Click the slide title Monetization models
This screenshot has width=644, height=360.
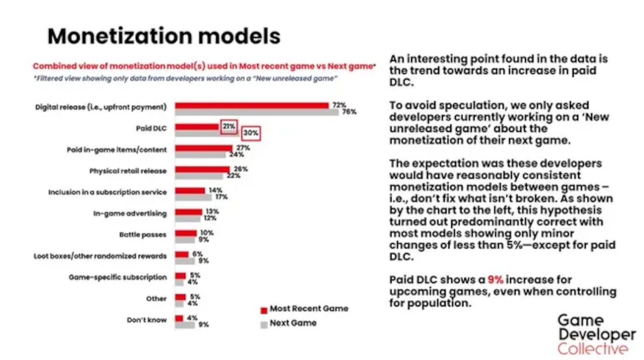[x=164, y=37]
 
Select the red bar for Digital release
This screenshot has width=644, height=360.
[x=252, y=106]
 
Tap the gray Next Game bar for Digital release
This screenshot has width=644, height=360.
[x=257, y=112]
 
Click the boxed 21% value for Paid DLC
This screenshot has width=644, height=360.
[x=229, y=127]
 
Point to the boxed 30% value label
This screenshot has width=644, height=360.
[x=251, y=133]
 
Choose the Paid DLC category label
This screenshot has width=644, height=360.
[x=151, y=128]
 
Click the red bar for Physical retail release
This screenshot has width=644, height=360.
[x=202, y=169]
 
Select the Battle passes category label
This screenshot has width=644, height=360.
[x=143, y=235]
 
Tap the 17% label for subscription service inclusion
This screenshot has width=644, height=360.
[x=221, y=197]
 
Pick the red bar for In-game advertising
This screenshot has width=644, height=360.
[x=188, y=212]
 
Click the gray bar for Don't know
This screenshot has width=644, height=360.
[x=185, y=325]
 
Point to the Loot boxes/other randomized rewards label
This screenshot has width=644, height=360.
[x=100, y=256]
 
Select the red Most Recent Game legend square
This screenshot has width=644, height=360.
[x=263, y=310]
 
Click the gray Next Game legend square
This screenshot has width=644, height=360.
[x=263, y=324]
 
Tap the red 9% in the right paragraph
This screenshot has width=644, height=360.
[x=495, y=280]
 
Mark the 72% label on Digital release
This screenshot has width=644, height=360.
[x=339, y=105]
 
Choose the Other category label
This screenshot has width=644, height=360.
[x=156, y=299]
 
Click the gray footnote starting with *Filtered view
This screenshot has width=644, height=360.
[x=185, y=79]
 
